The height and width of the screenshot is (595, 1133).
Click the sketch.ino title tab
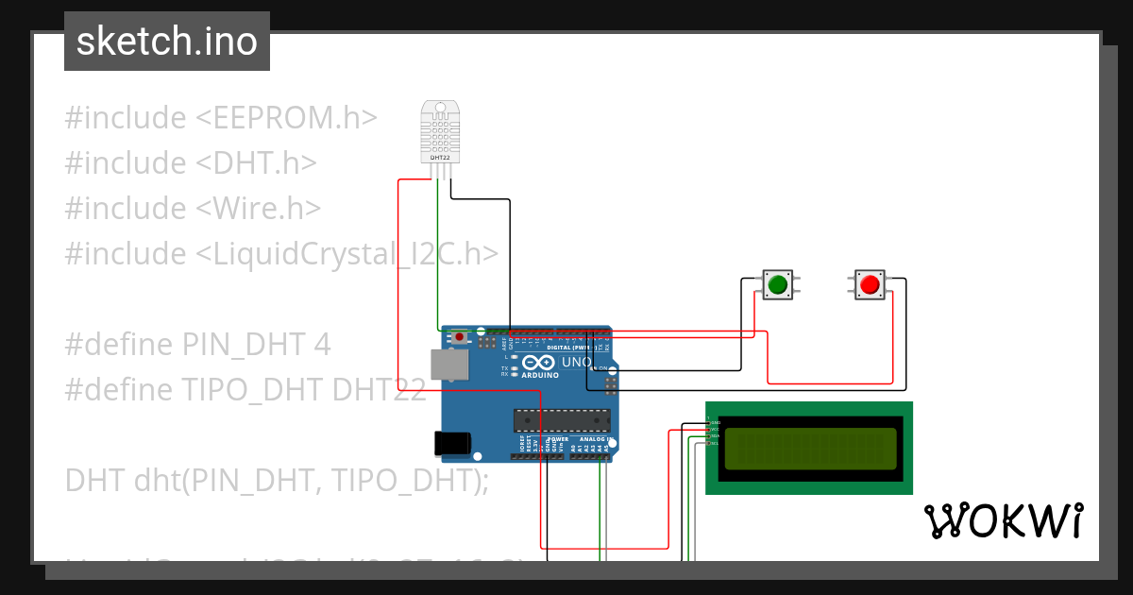click(x=166, y=42)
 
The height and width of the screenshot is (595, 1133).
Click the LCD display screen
click(x=808, y=449)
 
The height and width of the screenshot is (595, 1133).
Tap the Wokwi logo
click(x=1002, y=520)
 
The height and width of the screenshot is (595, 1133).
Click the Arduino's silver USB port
click(x=448, y=365)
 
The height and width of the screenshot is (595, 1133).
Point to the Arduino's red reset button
click(x=460, y=336)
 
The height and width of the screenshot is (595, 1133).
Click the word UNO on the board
click(x=577, y=363)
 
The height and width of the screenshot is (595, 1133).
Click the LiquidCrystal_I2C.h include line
click(x=281, y=254)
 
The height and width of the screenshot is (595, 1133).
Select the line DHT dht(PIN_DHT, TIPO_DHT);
click(x=277, y=481)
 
